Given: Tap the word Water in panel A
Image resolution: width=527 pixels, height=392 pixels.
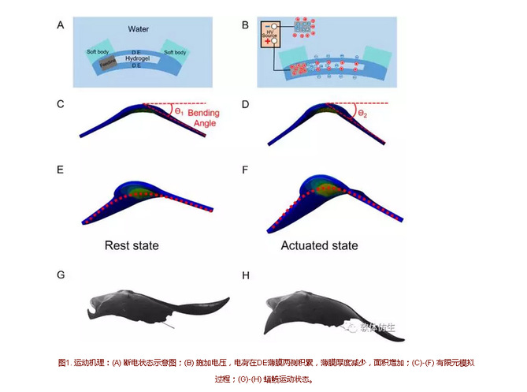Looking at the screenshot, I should coord(139,29).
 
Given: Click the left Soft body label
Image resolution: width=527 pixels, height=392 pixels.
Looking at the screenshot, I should coord(99,52).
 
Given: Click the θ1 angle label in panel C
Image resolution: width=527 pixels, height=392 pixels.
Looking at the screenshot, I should coord(179,112).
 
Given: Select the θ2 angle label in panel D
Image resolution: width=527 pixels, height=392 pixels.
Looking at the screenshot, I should coord(363,114).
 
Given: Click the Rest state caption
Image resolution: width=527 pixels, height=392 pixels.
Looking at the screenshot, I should coord(132,246).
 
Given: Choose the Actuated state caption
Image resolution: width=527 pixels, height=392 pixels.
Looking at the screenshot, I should coord(319,246).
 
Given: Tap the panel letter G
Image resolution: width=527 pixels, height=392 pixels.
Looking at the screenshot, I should coord(61,275).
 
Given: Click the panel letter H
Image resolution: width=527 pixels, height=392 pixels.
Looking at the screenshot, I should coord(247,275).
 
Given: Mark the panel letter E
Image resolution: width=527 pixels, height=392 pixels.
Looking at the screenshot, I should coord(61,168).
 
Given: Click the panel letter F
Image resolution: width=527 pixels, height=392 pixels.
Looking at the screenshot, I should coord(246,168).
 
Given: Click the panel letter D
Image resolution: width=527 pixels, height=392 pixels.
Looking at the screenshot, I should coord(246,103).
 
